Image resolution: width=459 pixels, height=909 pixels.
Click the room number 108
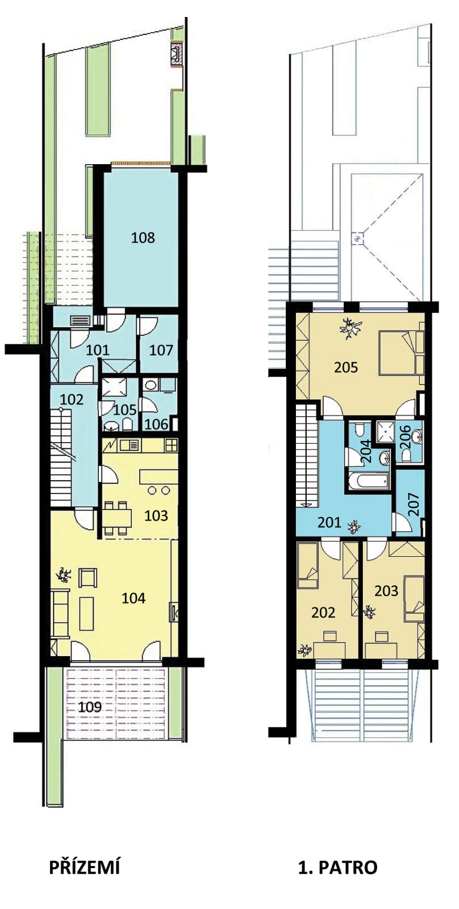click(x=143, y=237)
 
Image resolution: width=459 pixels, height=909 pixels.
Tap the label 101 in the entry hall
click(x=97, y=350)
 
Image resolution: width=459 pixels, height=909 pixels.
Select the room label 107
click(x=161, y=350)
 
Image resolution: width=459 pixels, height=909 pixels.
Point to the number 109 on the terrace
click(x=90, y=707)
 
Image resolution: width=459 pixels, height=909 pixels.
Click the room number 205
click(x=346, y=367)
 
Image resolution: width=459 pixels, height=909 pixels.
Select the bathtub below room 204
click(x=369, y=482)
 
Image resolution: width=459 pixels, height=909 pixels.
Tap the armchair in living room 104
click(x=88, y=578)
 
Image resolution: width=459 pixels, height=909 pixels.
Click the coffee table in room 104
click(x=86, y=614)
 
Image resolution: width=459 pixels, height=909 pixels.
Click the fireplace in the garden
click(x=176, y=53)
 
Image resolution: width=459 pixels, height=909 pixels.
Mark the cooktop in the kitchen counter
click(x=171, y=445)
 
